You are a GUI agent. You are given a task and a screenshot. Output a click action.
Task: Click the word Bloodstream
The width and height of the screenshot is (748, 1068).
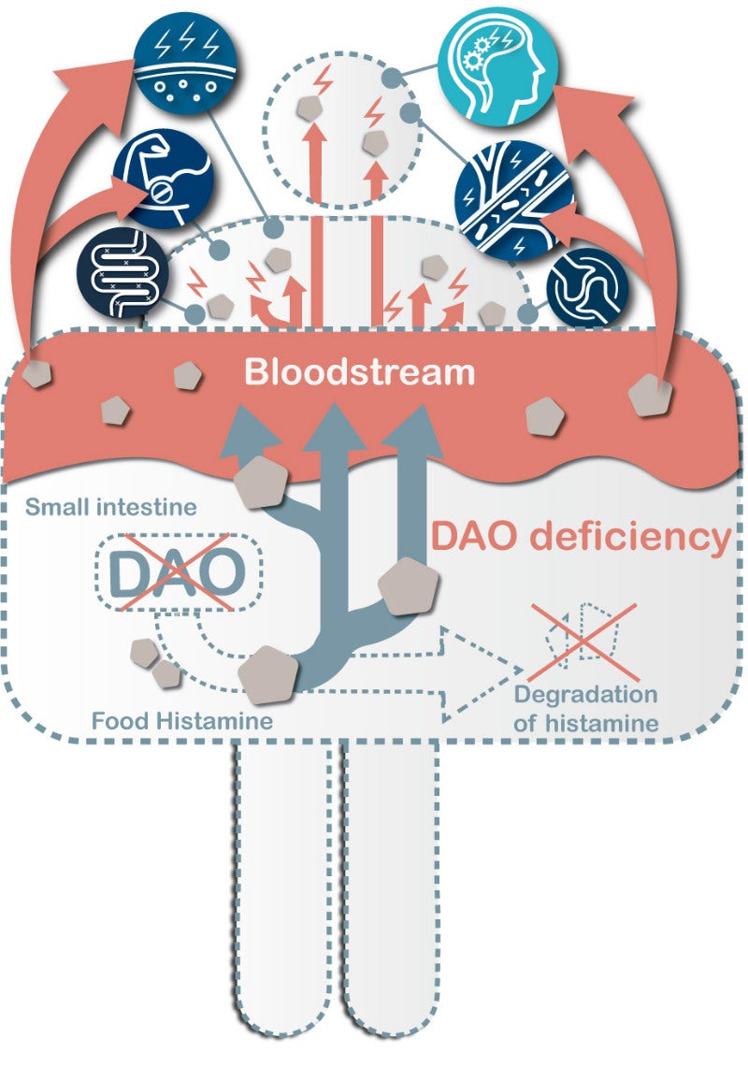pos(360,373)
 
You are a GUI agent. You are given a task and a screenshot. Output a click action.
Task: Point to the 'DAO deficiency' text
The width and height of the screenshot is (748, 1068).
pos(580,537)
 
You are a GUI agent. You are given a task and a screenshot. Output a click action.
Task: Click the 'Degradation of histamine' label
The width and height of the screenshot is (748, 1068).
pos(585,709)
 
